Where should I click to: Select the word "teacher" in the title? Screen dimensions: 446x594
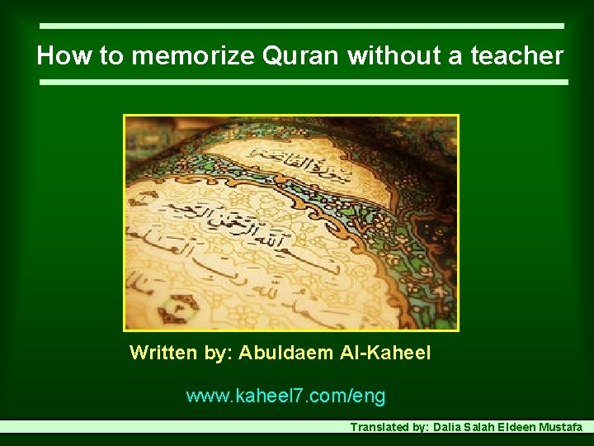click(x=516, y=56)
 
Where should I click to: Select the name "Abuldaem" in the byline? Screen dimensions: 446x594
click(x=285, y=353)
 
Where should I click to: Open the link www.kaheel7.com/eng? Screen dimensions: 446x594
click(x=285, y=396)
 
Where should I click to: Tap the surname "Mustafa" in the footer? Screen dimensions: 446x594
click(x=560, y=428)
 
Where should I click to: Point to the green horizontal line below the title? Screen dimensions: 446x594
click(x=303, y=83)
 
